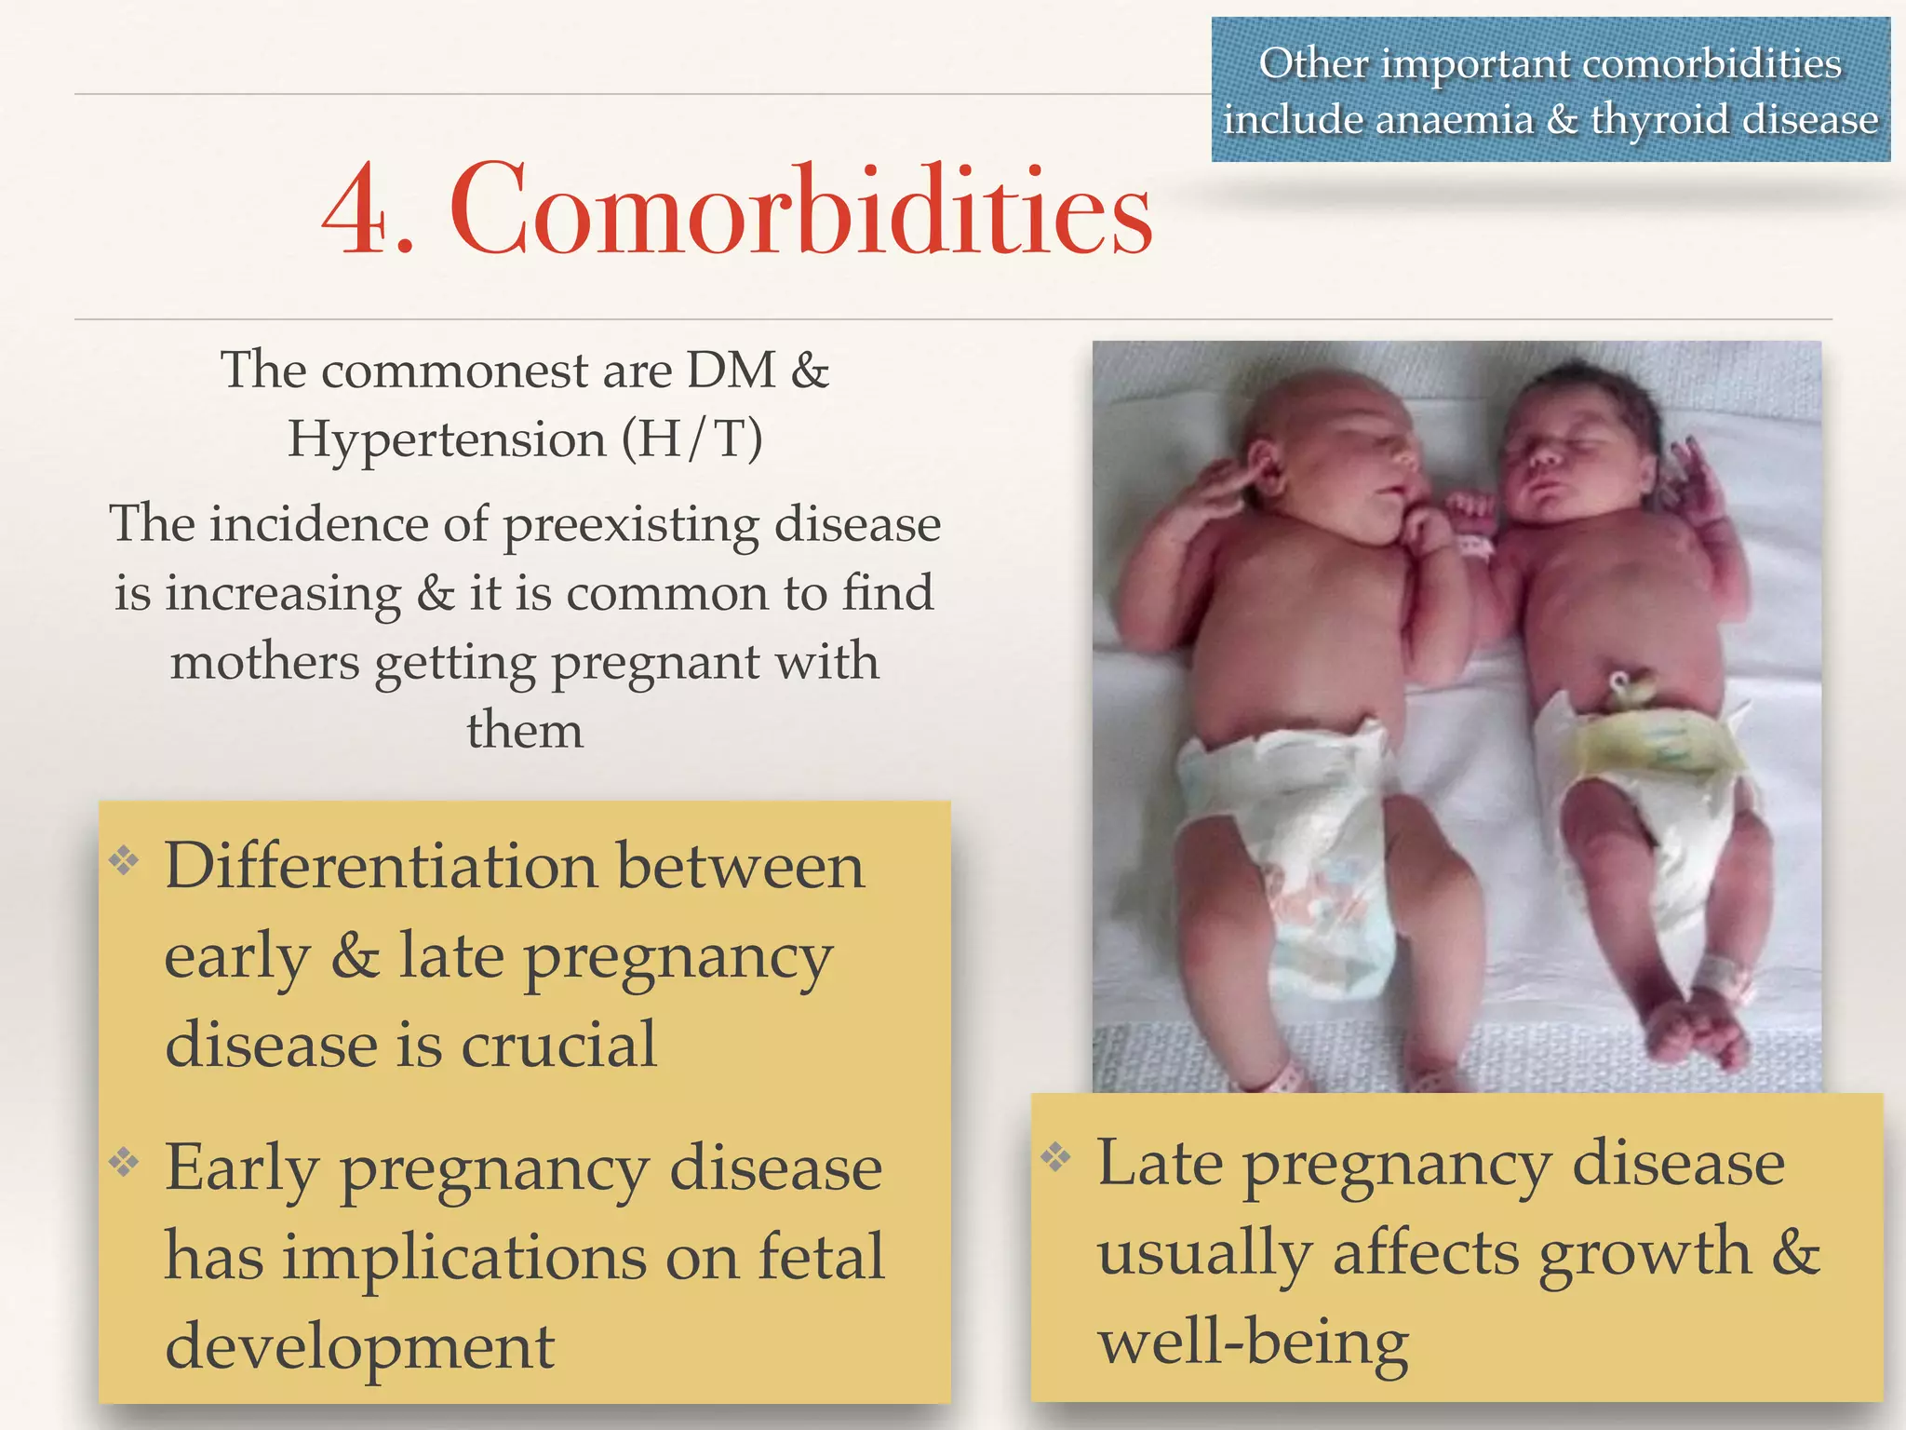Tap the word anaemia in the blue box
point(1454,120)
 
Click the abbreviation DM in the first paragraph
point(731,370)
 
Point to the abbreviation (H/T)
point(691,438)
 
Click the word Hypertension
point(447,438)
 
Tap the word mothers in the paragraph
point(264,662)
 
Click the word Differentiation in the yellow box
point(381,866)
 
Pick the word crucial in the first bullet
point(559,1044)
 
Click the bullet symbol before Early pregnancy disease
point(124,1161)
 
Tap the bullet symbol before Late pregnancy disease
point(1056,1156)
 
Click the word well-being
point(1253,1342)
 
